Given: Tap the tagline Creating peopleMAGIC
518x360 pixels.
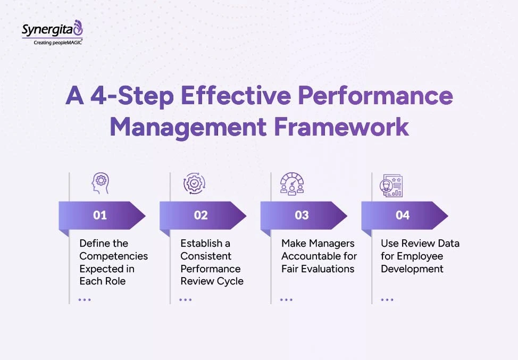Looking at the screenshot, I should click(x=57, y=42).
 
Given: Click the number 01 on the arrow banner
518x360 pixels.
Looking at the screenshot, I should click(x=100, y=215).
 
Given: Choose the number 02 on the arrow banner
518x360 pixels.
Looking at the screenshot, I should click(x=200, y=215).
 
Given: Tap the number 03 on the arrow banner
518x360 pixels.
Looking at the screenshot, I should click(x=302, y=215).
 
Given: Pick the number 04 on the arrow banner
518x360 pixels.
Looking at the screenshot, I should click(x=403, y=215).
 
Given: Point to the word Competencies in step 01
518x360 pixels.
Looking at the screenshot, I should click(x=114, y=256).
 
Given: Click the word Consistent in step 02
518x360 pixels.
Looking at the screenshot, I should click(x=206, y=256).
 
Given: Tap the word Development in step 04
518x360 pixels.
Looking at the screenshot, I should click(x=412, y=269).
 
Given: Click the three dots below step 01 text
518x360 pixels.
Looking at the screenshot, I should click(x=85, y=299).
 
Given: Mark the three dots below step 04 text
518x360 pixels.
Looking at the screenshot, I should click(x=387, y=299).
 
